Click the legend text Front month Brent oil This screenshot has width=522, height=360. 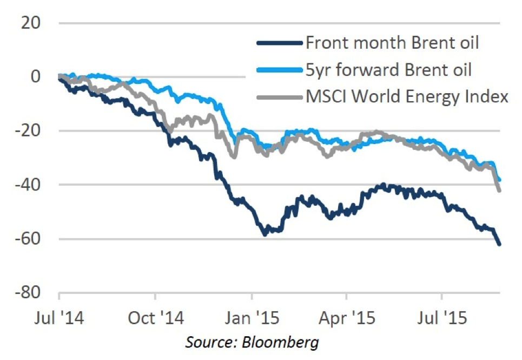pos(392,42)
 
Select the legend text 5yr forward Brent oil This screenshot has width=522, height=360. pos(388,70)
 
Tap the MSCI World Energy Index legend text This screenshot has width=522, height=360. pos(407,97)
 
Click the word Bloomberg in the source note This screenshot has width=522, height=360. pos(288,342)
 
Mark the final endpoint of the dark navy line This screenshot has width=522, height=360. pos(499,244)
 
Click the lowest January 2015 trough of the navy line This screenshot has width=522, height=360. pos(265,234)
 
